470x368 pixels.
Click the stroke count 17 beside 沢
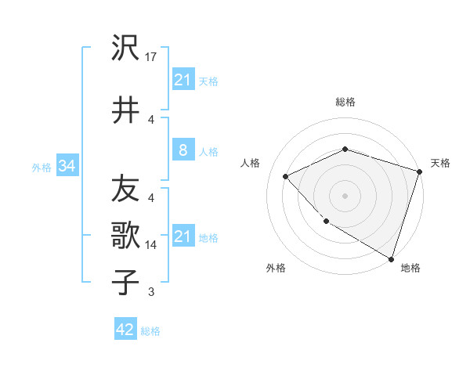(151, 57)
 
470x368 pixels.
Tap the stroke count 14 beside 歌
(151, 244)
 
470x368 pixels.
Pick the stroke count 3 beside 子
(151, 292)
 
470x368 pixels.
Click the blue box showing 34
(67, 166)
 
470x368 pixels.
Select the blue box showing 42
(125, 330)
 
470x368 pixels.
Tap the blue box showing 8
(183, 150)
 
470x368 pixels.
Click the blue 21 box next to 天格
(183, 80)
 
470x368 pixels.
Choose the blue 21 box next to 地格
(183, 236)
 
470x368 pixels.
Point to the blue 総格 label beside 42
(150, 330)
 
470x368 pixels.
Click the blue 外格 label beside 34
(42, 167)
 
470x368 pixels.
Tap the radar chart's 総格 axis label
(345, 102)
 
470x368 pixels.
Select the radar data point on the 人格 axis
(286, 176)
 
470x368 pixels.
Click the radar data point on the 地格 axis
(391, 258)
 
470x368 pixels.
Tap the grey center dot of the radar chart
(345, 196)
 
